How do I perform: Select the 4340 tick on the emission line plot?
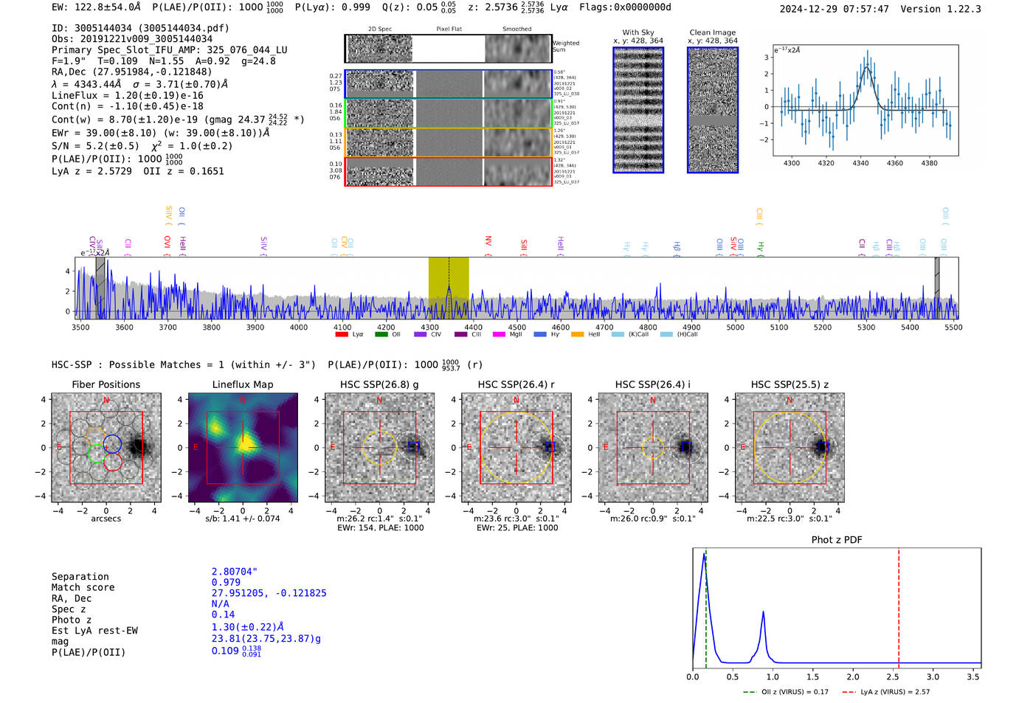(x=860, y=163)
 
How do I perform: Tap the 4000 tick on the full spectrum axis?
(x=299, y=328)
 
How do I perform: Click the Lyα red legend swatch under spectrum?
(x=342, y=334)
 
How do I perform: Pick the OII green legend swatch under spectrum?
(x=381, y=334)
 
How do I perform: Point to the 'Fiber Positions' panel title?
(x=106, y=384)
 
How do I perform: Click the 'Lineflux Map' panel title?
(x=243, y=384)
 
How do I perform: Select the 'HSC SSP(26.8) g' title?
(x=379, y=384)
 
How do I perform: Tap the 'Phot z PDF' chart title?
(x=837, y=539)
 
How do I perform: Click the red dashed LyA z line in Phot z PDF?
(x=899, y=605)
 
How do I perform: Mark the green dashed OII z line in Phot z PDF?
(x=706, y=605)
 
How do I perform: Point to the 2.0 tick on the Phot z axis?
(x=853, y=676)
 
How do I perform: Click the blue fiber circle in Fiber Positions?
(x=112, y=443)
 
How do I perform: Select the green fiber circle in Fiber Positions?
(x=95, y=452)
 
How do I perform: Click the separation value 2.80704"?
(x=235, y=572)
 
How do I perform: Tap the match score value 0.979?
(x=226, y=582)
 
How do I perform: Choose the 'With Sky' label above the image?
(x=638, y=32)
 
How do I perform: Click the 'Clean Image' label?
(x=713, y=32)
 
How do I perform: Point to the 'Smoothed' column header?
(x=517, y=30)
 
